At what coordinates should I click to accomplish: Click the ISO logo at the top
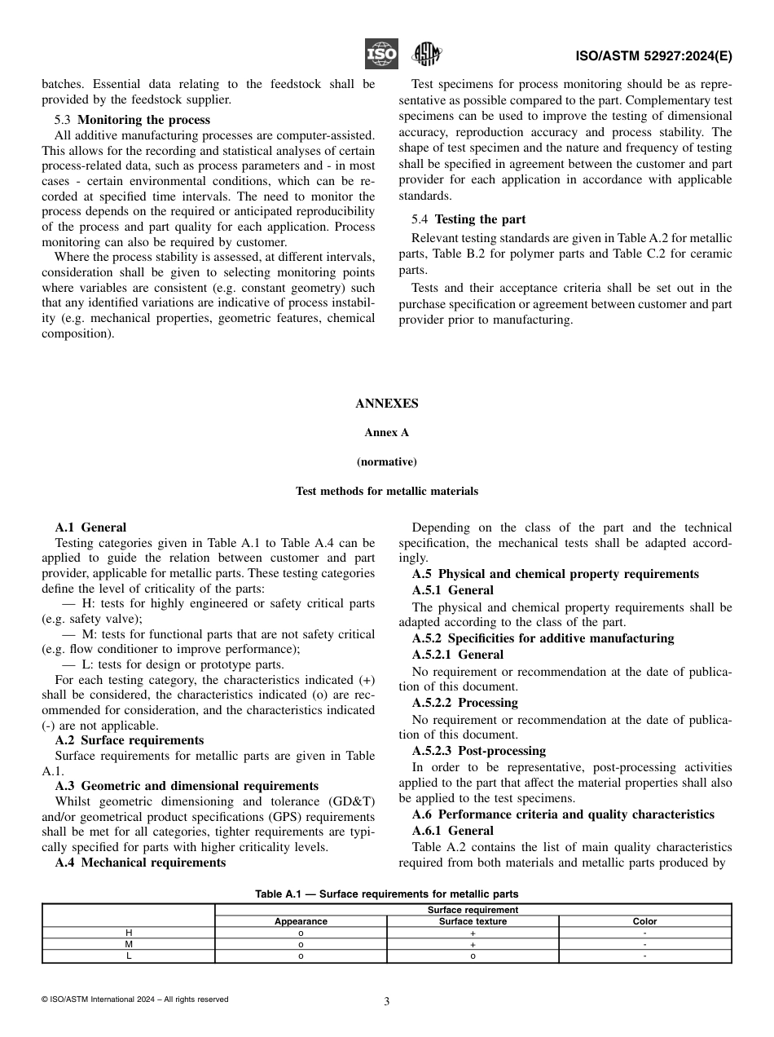pos(380,54)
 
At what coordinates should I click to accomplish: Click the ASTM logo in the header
pos(426,55)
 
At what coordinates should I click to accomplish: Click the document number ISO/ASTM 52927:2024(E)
pos(653,56)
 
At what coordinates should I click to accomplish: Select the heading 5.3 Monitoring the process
pos(132,120)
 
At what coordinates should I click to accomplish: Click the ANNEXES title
pos(386,404)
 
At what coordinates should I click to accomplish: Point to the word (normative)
pos(386,461)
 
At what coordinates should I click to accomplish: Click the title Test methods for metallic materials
pos(386,491)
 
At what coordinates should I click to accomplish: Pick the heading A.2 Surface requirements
pos(130,740)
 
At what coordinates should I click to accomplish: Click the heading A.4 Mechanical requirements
pos(140,862)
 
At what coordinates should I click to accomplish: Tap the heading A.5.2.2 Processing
pos(464,703)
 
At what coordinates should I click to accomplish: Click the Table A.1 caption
pos(386,894)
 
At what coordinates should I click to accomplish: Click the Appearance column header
pos(301,921)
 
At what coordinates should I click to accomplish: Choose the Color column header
pos(644,921)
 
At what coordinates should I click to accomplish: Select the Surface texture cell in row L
pos(473,956)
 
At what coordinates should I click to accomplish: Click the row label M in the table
pos(128,945)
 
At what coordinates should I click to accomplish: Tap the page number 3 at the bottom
pos(386,1002)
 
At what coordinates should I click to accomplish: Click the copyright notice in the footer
pos(134,999)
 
